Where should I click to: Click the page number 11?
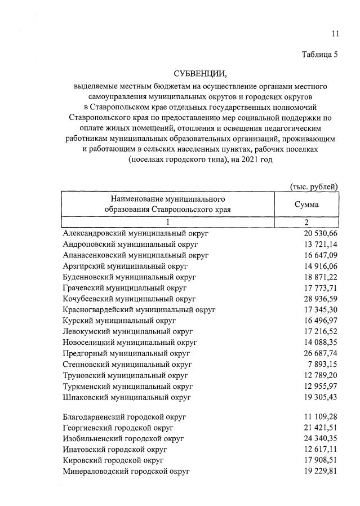point(335,33)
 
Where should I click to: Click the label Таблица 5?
point(318,55)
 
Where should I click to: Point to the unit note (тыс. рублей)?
point(314,187)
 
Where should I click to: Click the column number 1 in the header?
point(168,223)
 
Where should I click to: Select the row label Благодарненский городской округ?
point(125,417)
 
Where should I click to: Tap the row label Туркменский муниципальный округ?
point(128,386)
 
